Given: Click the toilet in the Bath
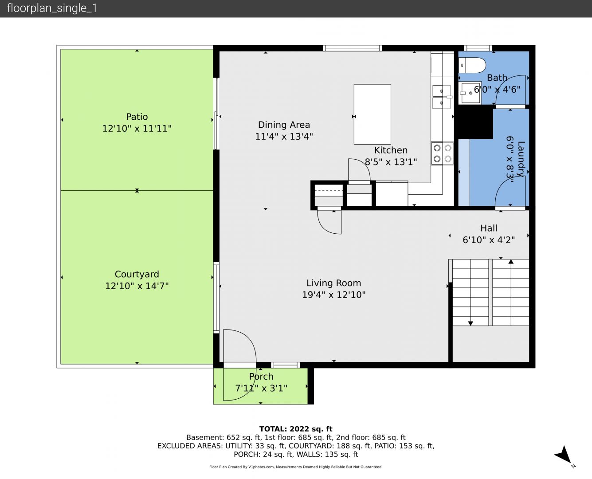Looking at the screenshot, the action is [x=472, y=65].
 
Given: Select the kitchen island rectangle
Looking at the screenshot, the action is [x=372, y=114].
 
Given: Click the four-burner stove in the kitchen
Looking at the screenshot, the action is [x=443, y=153].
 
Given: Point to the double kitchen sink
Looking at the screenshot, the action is [x=442, y=97].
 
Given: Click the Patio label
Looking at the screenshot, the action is [x=137, y=117].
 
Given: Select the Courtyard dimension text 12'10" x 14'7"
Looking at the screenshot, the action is [x=137, y=286].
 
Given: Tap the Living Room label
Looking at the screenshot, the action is [x=334, y=283].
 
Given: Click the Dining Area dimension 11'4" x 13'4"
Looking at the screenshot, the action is [x=284, y=137].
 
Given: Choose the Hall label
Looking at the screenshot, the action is [x=489, y=228].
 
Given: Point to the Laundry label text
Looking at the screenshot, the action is [x=521, y=159].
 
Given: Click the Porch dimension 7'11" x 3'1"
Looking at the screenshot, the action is [x=261, y=388].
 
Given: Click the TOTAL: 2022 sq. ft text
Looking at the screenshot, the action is [x=296, y=429].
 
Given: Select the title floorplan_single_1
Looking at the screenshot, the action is [x=52, y=8].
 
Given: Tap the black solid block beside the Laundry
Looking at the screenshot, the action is [x=475, y=122].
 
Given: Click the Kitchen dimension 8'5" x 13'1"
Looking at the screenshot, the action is [x=391, y=162].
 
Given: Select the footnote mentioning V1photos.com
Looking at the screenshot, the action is [x=296, y=467].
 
